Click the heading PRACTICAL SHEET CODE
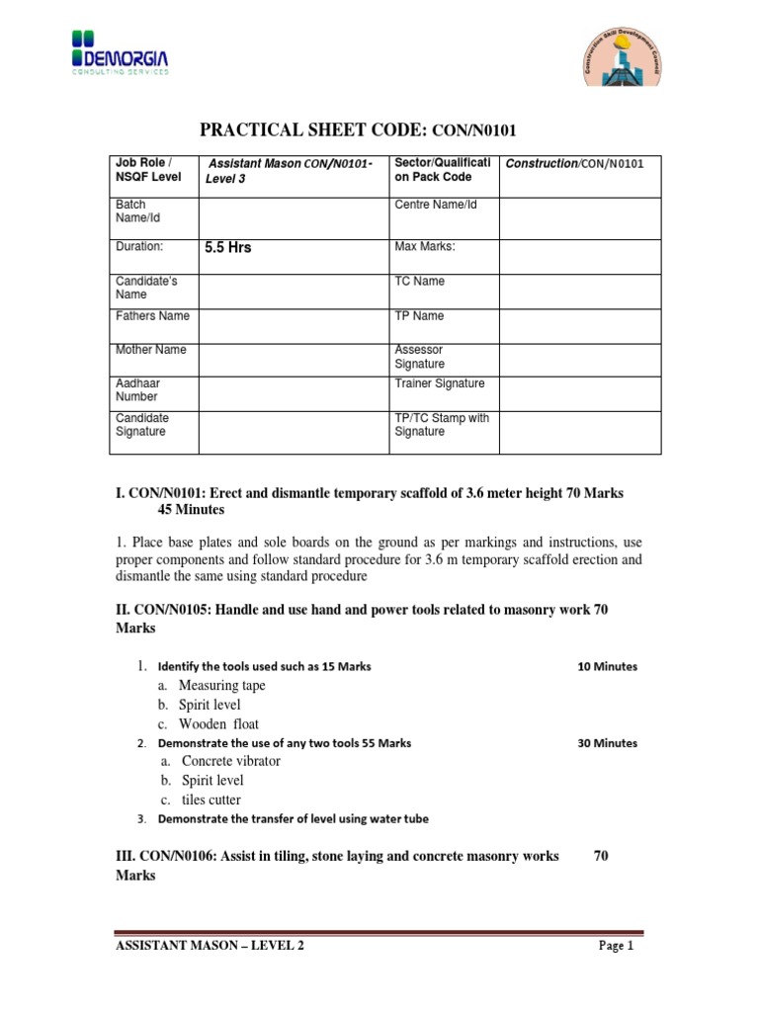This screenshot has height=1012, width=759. tap(359, 129)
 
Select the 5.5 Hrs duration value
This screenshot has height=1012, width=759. tap(228, 248)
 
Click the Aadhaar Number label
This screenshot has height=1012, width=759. tap(138, 389)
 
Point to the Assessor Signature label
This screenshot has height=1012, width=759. tap(420, 357)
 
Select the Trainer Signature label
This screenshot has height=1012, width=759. tap(440, 383)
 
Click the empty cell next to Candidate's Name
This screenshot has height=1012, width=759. tap(294, 288)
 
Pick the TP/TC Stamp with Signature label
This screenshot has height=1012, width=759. tap(442, 425)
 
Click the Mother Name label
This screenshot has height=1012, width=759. tap(151, 350)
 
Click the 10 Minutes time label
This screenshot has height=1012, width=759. tap(607, 666)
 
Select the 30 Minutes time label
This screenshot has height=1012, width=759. tap(607, 743)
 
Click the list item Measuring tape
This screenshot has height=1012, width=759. tap(221, 686)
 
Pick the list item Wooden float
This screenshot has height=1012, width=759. tap(218, 723)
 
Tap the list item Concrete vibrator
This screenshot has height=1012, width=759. tap(229, 761)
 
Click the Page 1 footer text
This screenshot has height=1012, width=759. tap(615, 947)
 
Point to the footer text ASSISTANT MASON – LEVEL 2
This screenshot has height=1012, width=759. tap(211, 947)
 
